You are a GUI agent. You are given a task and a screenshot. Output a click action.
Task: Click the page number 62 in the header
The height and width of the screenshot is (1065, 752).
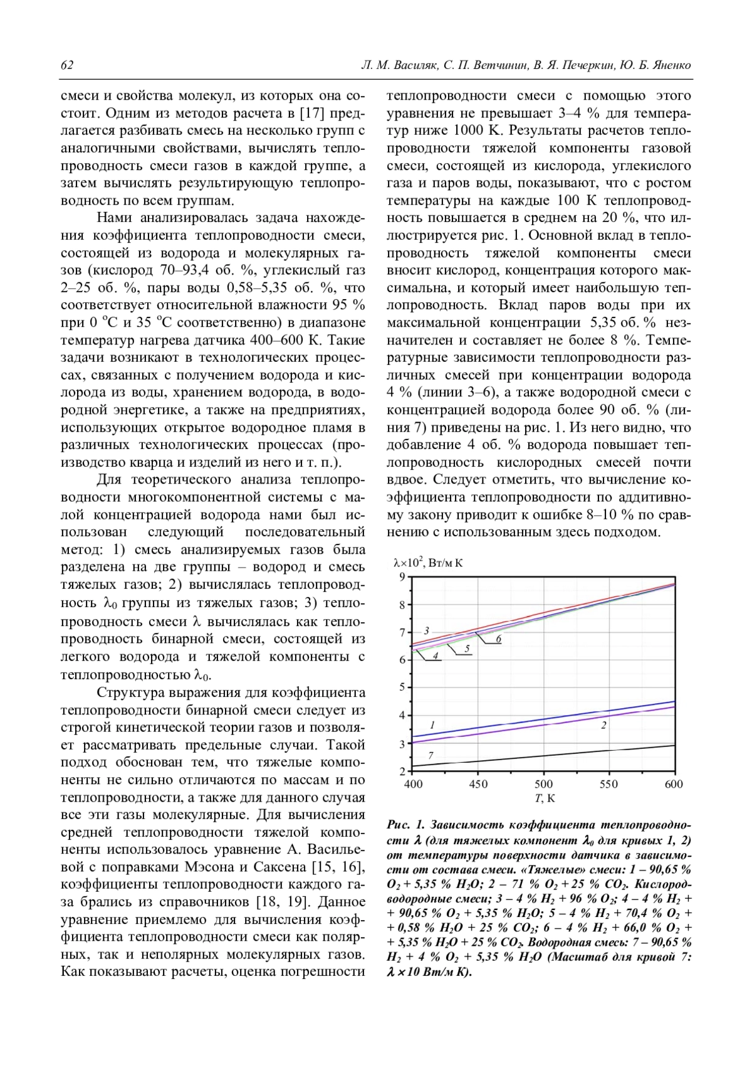[x=67, y=65]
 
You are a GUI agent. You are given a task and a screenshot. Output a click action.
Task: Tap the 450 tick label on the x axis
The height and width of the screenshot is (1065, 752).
[x=478, y=783]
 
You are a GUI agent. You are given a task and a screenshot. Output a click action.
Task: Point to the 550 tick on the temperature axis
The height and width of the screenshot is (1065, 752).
[x=608, y=783]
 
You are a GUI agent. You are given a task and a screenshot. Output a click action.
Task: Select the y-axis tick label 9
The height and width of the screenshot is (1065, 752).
[x=402, y=578]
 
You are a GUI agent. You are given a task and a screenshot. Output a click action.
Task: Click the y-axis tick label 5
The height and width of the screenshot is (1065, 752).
[x=402, y=687]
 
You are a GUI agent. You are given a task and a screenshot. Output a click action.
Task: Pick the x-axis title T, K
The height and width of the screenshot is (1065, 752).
[x=544, y=798]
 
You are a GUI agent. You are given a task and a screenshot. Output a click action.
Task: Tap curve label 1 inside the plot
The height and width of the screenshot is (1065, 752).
[x=432, y=725]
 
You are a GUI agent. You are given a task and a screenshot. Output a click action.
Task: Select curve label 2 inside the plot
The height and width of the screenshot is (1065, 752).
[x=603, y=725]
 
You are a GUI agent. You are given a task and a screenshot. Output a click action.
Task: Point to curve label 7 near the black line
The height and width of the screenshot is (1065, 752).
[x=431, y=756]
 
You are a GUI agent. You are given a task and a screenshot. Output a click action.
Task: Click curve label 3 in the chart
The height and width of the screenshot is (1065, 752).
[x=426, y=630]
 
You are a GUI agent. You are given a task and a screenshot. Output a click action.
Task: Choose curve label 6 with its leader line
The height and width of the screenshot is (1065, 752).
[x=498, y=639]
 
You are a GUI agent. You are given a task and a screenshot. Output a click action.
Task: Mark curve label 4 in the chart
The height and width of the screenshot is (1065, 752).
[x=435, y=655]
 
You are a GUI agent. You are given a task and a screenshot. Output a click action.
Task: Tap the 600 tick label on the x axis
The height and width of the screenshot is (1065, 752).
[x=674, y=783]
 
